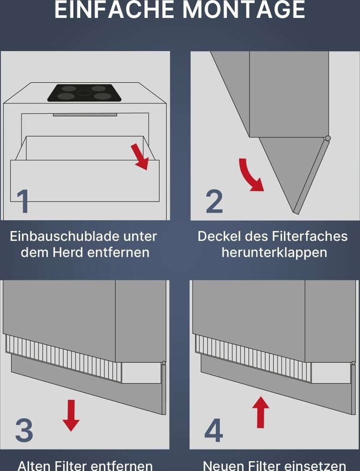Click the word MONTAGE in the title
coord(244,10)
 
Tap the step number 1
coord(23,201)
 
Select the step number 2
coord(215,201)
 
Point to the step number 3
coord(24,430)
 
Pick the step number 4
coord(214,430)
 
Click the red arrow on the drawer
coord(140,156)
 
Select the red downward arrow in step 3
coord(71,415)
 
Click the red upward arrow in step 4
coord(261,412)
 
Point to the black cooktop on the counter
coord(85,93)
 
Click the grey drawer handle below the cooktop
coord(85,115)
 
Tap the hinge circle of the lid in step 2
coord(328,138)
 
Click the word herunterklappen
coord(274,253)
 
